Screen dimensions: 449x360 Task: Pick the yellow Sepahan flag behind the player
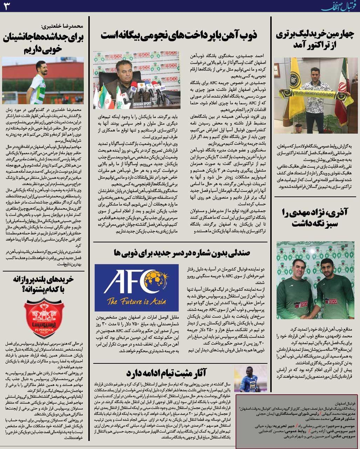tap(289, 84)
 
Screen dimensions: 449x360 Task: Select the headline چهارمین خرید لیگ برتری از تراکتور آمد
tap(314, 40)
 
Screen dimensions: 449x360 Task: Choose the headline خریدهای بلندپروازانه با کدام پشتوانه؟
tap(43, 284)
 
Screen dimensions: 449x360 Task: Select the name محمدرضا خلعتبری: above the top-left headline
tap(63, 26)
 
